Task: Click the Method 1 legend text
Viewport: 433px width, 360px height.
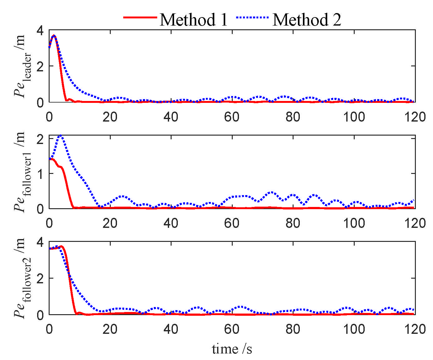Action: click(194, 20)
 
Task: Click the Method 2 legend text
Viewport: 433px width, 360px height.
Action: click(307, 20)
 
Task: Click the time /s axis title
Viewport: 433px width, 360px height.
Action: click(232, 349)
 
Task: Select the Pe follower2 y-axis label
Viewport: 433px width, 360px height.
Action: click(23, 278)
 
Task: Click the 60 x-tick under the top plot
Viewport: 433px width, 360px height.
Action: click(231, 117)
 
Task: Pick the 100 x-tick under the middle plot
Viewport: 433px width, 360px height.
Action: click(354, 223)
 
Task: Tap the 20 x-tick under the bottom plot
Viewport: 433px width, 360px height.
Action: click(110, 329)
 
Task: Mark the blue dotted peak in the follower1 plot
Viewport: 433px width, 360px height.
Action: click(61, 136)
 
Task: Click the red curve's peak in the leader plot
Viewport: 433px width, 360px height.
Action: click(54, 36)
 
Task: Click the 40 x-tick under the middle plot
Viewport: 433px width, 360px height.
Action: click(171, 223)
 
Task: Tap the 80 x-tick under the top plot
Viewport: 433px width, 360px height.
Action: click(293, 117)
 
